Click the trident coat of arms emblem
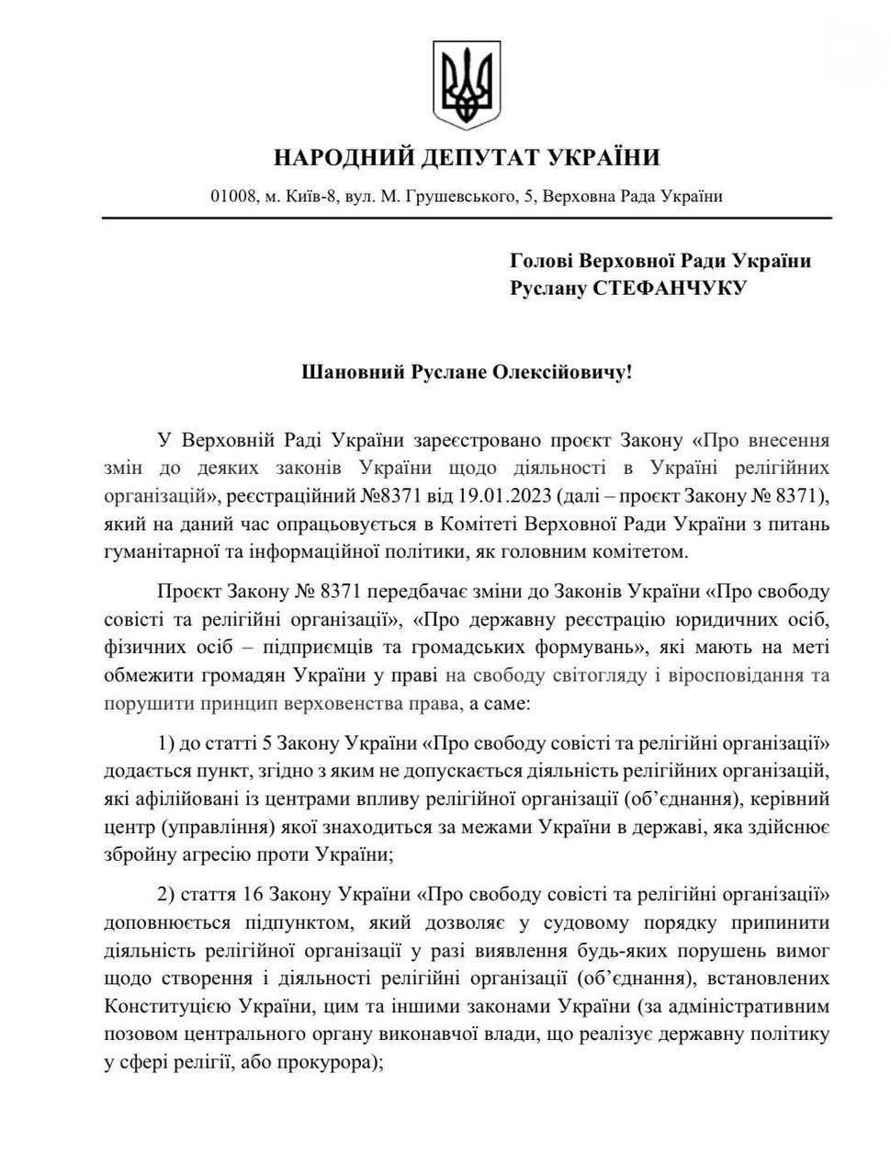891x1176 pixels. [468, 85]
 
